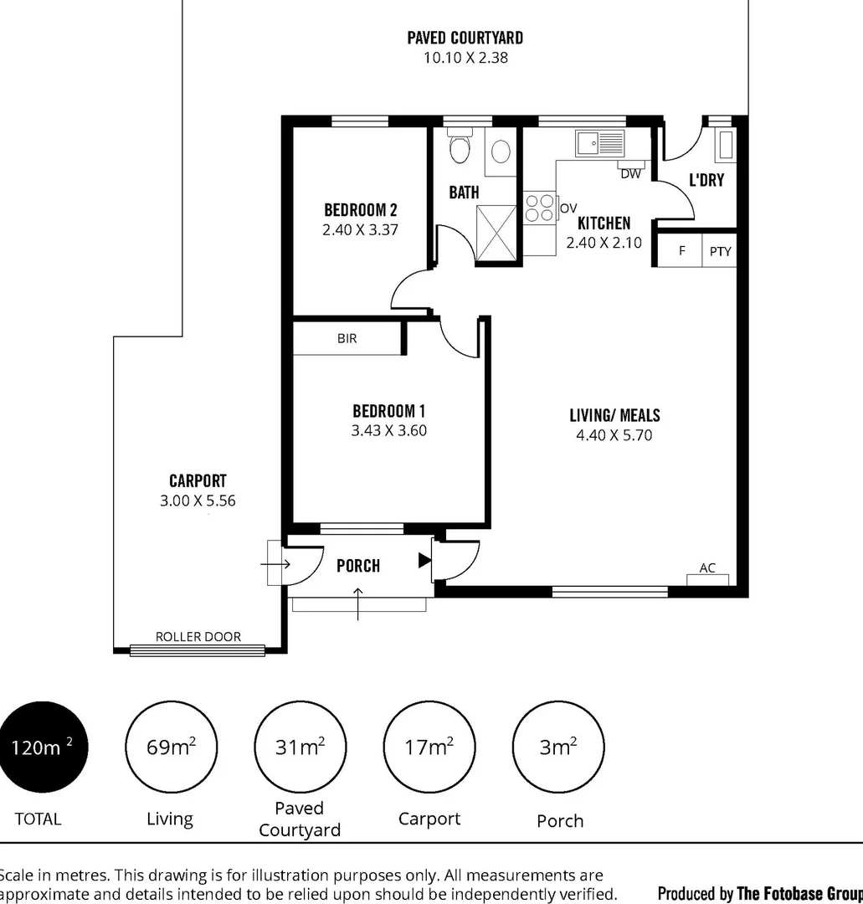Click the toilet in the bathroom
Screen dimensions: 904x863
[x=460, y=148]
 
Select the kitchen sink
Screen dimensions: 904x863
[x=599, y=143]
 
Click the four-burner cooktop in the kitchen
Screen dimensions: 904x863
[x=540, y=208]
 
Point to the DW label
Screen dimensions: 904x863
[x=630, y=174]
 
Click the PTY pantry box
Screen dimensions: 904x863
[x=720, y=251]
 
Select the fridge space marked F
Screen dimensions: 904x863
[x=681, y=250]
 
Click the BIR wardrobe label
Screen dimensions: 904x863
[x=347, y=339]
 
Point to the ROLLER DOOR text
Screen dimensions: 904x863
[x=198, y=637]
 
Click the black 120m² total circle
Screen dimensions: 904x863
[x=43, y=747]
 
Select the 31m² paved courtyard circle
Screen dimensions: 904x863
[x=300, y=747]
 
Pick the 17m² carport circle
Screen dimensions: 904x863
[x=429, y=747]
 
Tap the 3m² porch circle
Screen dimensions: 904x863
[x=558, y=747]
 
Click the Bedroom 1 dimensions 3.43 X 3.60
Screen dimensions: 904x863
[x=389, y=431]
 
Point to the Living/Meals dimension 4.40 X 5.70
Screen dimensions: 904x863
[x=614, y=435]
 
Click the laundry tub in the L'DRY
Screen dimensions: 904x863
[x=724, y=146]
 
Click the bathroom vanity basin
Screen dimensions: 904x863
[x=501, y=152]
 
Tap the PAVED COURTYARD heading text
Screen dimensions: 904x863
[x=465, y=38]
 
